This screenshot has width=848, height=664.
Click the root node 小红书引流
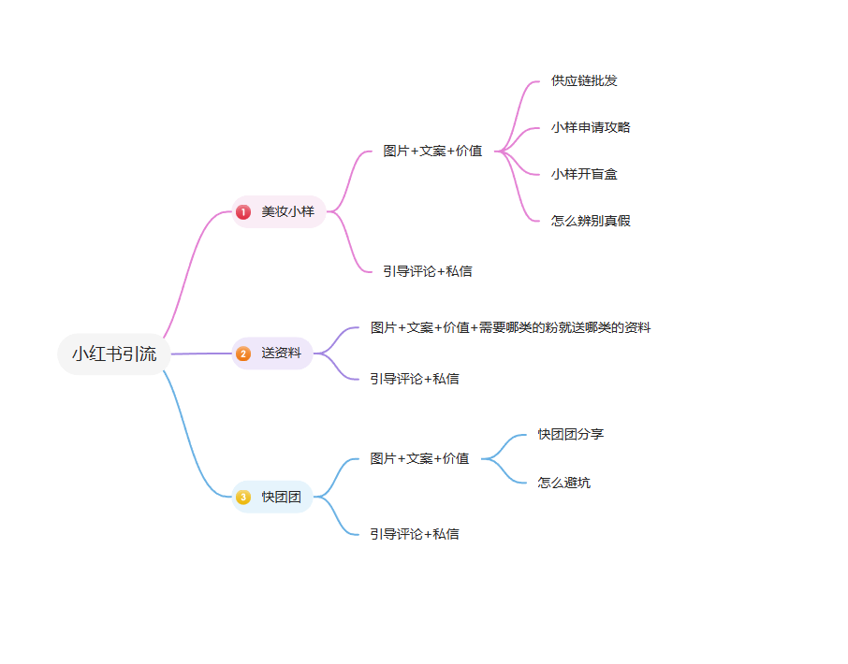coord(114,354)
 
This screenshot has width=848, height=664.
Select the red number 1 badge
coord(243,211)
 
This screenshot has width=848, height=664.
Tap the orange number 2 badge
coord(243,354)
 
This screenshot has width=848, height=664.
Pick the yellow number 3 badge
coord(243,497)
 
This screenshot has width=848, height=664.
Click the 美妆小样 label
coord(287,211)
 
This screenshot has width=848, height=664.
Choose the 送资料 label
coord(281,354)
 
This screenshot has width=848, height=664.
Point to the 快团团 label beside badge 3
coord(281,497)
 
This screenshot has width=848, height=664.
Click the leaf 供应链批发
coord(584,81)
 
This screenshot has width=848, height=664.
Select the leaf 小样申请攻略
coord(591,127)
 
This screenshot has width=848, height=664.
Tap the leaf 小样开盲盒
coord(584,174)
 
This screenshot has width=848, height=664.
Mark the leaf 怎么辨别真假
coord(591,221)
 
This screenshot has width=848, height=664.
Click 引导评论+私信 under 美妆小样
coord(427,271)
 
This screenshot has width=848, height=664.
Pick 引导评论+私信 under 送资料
coord(415,379)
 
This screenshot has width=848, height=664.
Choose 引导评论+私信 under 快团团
coord(415,534)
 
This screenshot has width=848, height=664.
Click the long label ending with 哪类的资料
coord(510,327)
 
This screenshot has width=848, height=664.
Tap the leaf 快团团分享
coord(571,434)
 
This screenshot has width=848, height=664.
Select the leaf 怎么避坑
coord(564,483)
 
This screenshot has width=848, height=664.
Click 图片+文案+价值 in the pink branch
coord(432,151)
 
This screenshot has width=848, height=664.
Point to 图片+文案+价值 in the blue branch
coord(419,458)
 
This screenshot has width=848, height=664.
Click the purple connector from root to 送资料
coord(201,354)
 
